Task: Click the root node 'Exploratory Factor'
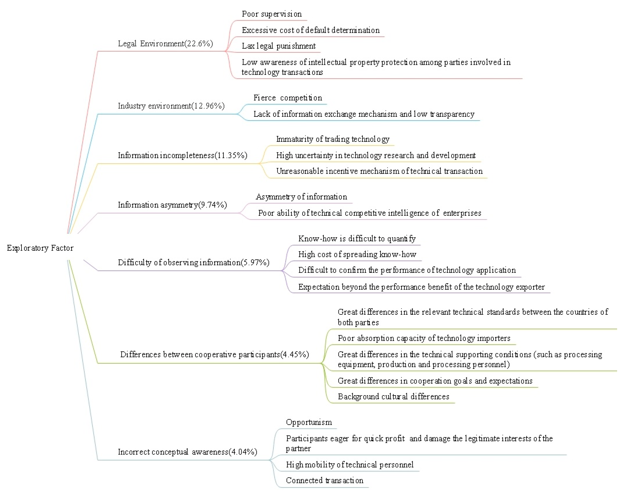40,248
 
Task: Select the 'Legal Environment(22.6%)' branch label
165,44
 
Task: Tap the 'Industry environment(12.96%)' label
171,106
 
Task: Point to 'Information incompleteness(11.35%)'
182,155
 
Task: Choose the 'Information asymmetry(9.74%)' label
172,205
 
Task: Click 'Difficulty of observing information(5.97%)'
193,262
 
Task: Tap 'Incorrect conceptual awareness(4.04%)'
187,452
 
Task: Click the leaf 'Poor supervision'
271,14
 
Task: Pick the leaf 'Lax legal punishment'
278,46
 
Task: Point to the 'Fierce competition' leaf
287,98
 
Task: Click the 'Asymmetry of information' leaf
301,197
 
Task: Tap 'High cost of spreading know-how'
357,254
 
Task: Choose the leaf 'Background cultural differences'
393,397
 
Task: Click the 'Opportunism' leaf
309,422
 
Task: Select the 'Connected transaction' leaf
324,481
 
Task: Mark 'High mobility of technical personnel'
350,465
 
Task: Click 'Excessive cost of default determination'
311,30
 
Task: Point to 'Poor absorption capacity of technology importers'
424,338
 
